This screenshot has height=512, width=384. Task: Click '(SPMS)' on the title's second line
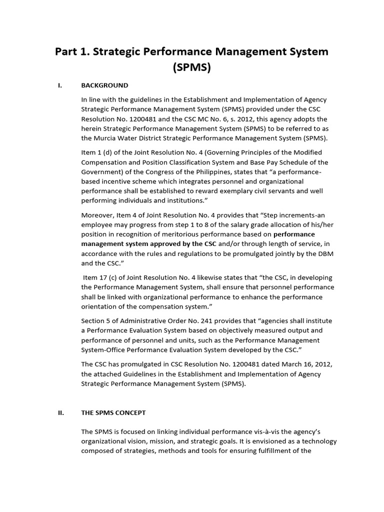click(x=192, y=67)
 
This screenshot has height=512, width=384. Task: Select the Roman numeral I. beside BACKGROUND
click(x=60, y=85)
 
